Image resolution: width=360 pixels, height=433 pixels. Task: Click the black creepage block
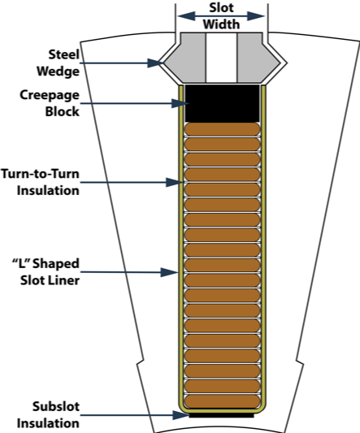coord(222,103)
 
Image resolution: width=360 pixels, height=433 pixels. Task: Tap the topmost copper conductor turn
coord(222,129)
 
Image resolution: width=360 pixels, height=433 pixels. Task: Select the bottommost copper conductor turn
coord(222,401)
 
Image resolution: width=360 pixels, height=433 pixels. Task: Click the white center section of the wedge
coord(221,58)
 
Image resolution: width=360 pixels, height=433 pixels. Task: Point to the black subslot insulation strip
coord(221,415)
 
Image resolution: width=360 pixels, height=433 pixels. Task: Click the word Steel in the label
coord(64,54)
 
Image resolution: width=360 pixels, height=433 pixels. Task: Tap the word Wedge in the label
coord(58,71)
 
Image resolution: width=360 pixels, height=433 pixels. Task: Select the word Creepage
coord(50,95)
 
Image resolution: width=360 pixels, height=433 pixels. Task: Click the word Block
coord(62,111)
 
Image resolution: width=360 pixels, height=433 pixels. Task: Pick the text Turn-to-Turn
coord(41,174)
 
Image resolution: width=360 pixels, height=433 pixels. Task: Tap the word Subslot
coord(56,406)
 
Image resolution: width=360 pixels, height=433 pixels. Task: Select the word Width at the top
coord(221,24)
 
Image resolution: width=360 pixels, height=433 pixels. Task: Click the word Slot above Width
coord(221,7)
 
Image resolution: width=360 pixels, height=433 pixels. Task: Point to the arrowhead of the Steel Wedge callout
coord(155,63)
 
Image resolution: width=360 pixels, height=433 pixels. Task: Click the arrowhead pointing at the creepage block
coord(180,103)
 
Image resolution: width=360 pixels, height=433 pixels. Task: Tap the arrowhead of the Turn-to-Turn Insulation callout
coord(175,182)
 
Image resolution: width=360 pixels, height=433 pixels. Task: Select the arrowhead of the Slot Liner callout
coord(170,272)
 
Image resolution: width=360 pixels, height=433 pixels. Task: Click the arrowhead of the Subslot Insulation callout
coord(181,415)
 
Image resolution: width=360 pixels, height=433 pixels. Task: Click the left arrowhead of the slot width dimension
coord(186,16)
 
